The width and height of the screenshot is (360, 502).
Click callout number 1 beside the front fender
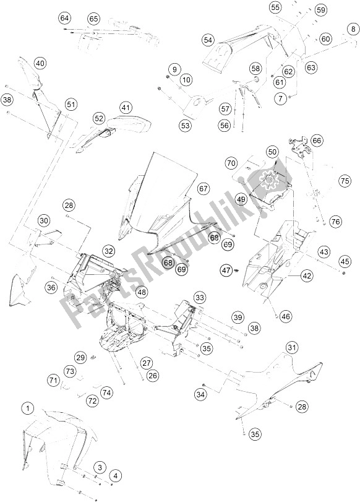(x=27, y=408)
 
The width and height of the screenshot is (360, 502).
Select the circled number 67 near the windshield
(x=204, y=188)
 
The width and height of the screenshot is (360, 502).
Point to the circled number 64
(x=65, y=19)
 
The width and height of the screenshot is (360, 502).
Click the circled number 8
(x=353, y=29)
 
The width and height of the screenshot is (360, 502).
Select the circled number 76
(x=335, y=222)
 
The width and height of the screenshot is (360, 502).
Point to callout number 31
(x=292, y=348)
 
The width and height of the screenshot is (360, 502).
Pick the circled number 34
(x=199, y=394)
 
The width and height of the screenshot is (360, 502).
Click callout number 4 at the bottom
(x=115, y=475)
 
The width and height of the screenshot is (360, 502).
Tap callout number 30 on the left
(x=43, y=221)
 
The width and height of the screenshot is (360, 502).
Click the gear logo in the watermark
(x=270, y=180)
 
